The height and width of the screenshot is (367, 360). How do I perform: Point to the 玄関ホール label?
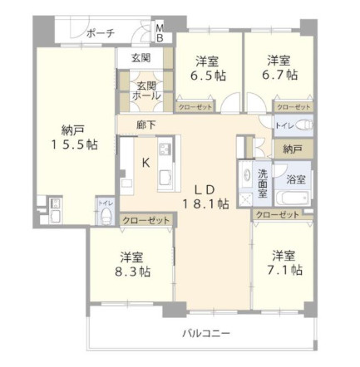(146, 90)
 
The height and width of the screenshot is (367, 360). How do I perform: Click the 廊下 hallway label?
(147, 126)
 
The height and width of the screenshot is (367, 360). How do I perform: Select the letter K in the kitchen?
(145, 163)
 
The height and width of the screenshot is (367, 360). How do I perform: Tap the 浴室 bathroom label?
(295, 179)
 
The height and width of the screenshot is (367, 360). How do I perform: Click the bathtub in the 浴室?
(294, 199)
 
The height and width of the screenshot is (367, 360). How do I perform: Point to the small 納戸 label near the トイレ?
(292, 150)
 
